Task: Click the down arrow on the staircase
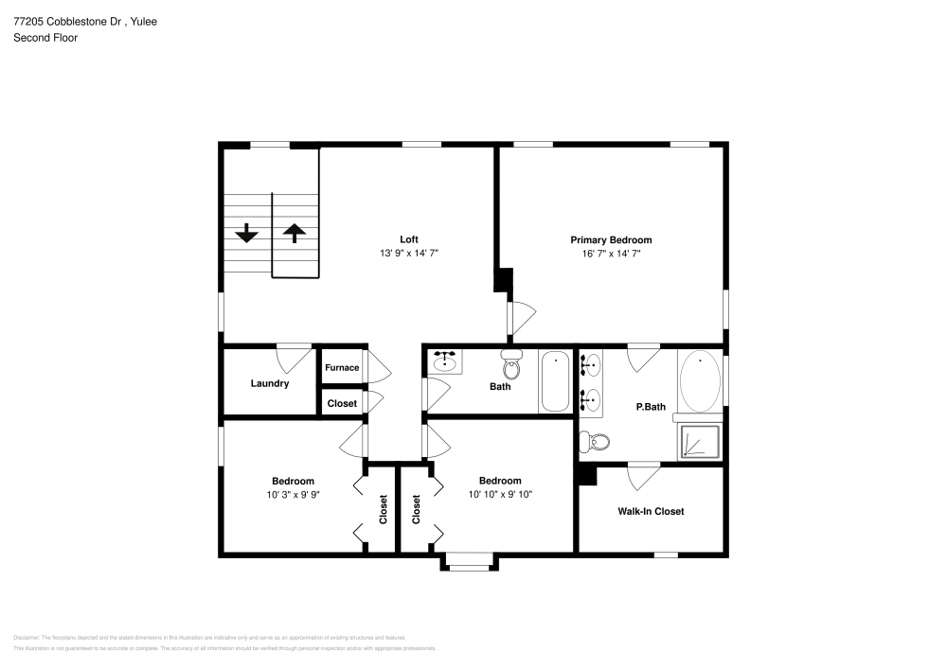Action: pyautogui.click(x=247, y=233)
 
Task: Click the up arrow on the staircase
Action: pyautogui.click(x=295, y=233)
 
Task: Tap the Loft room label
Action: pyautogui.click(x=408, y=239)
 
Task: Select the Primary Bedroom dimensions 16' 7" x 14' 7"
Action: pyautogui.click(x=610, y=254)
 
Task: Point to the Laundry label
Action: pyautogui.click(x=269, y=383)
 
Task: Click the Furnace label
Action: pyautogui.click(x=342, y=368)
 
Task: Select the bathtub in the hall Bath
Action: pyautogui.click(x=555, y=381)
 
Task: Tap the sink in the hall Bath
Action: pyautogui.click(x=445, y=361)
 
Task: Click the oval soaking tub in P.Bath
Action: pyautogui.click(x=700, y=381)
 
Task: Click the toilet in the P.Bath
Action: pyautogui.click(x=596, y=441)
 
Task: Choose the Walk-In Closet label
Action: pyautogui.click(x=651, y=511)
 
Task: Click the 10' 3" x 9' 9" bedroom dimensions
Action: pyautogui.click(x=293, y=494)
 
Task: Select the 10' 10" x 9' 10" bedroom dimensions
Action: pyautogui.click(x=499, y=493)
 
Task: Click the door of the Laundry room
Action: pyautogui.click(x=295, y=357)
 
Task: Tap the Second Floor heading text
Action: pyautogui.click(x=45, y=38)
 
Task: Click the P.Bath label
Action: pyautogui.click(x=650, y=407)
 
